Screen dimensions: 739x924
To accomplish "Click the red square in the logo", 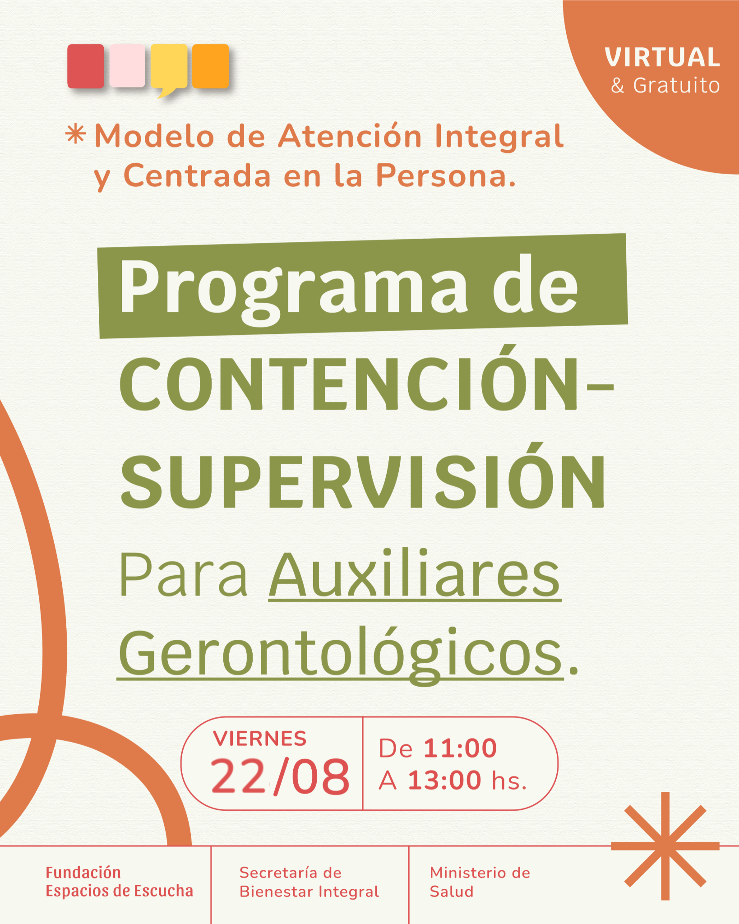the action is (86, 66).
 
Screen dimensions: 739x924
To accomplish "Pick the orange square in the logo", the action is (211, 66).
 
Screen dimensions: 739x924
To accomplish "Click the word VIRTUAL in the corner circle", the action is (662, 57).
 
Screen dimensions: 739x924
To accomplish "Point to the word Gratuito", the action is (676, 85).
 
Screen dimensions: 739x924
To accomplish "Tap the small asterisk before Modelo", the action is (75, 134).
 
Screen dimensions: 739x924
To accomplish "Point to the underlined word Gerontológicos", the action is (340, 655).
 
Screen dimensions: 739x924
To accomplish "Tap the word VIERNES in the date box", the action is (260, 739).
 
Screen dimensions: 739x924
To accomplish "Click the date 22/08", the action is (280, 776).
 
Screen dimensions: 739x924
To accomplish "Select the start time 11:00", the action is (460, 748).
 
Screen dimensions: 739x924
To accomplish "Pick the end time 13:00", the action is (444, 780).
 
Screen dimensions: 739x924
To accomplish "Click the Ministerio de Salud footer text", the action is (480, 882).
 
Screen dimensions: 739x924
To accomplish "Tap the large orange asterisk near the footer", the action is (665, 846).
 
